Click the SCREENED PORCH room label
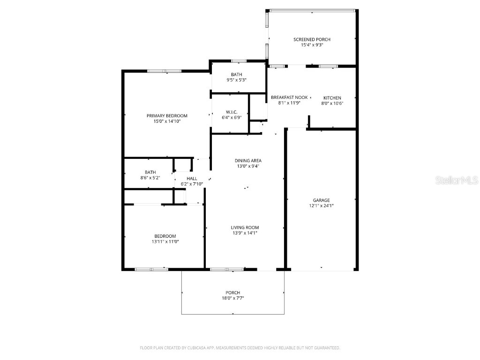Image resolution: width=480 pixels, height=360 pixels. tap(308, 39)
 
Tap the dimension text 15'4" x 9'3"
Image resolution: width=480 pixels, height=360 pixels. tap(308, 45)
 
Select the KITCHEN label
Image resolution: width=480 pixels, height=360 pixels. tap(332, 98)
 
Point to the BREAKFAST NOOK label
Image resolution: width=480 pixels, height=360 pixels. tap(289, 97)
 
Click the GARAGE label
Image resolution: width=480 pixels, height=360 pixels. tap(322, 200)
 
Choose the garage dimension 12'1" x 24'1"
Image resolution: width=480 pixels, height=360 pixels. tap(322, 205)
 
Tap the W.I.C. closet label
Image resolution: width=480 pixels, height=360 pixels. tap(232, 112)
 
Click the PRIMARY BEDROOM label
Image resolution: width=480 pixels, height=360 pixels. tap(167, 116)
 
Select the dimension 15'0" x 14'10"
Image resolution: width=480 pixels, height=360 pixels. tap(167, 121)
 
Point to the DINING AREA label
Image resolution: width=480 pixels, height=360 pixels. tap(248, 161)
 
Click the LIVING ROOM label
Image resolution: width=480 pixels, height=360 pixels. tap(244, 227)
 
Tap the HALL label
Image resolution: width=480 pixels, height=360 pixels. tap(192, 179)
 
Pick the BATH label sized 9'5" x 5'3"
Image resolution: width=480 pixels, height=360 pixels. tap(236, 75)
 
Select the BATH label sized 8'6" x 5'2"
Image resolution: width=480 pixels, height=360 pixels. tap(150, 172)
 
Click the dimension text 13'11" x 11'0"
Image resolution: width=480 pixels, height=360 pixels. tap(165, 241)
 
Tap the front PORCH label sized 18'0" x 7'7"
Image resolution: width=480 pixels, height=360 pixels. tap(232, 292)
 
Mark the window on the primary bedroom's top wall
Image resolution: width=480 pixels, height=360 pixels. tap(164, 71)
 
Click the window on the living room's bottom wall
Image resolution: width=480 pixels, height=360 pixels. tap(226, 269)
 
